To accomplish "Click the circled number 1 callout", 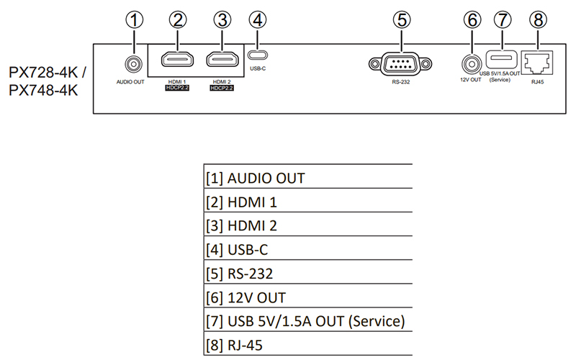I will click(x=132, y=21).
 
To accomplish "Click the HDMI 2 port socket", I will click(x=222, y=60).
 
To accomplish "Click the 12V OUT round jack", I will click(x=472, y=65).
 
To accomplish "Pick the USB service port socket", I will click(x=502, y=58).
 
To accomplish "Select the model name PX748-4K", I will click(x=40, y=91).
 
